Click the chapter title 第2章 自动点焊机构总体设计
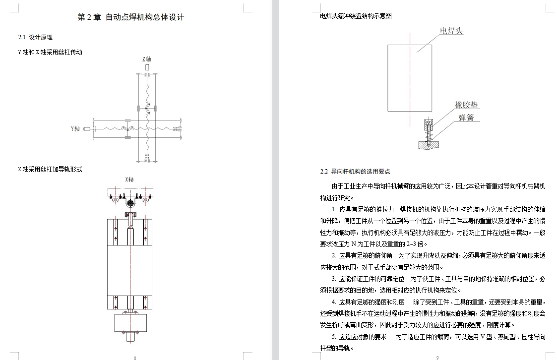point(131,17)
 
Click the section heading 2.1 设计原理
point(36,37)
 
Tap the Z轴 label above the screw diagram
point(147,60)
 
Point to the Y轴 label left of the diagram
point(75,128)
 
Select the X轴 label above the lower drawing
point(129,180)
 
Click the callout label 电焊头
point(451,31)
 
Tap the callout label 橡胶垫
point(466,105)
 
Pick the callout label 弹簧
point(466,118)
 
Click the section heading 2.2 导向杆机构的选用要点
point(355,172)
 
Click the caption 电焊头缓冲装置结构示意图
point(356,16)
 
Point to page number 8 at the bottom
point(135,358)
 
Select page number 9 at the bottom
point(437,358)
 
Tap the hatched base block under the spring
point(429,145)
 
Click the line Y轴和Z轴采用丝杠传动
point(50,52)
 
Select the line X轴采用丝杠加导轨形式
point(50,170)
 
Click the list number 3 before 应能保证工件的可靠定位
point(334,279)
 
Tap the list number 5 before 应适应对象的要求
point(334,337)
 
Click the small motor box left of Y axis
point(87,129)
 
